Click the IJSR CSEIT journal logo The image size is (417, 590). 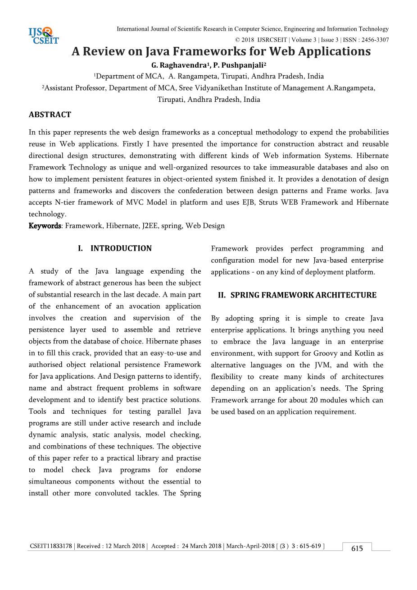tap(44, 36)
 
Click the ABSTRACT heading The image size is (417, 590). tap(50, 114)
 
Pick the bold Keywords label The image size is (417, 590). tap(45, 226)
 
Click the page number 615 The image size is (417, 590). tap(357, 549)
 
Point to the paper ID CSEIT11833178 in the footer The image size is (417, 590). tap(51, 546)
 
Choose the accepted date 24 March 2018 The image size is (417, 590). tap(202, 546)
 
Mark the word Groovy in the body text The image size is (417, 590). tap(326, 353)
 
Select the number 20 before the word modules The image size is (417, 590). tap(303, 400)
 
